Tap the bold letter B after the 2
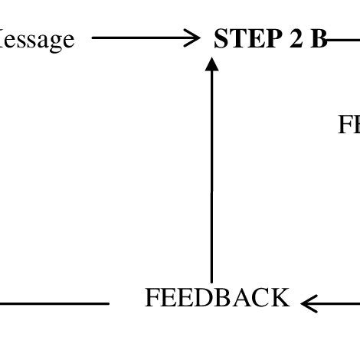point(318,39)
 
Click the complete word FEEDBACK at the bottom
point(218,298)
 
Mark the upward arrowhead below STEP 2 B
point(212,64)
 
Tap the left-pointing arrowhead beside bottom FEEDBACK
point(309,304)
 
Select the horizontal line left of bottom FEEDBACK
point(54,304)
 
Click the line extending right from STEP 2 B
point(345,38)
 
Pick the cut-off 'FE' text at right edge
point(349,125)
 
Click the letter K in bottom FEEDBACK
point(281,298)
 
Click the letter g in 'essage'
point(54,41)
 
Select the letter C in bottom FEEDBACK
point(263,298)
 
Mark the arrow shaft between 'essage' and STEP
point(138,38)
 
